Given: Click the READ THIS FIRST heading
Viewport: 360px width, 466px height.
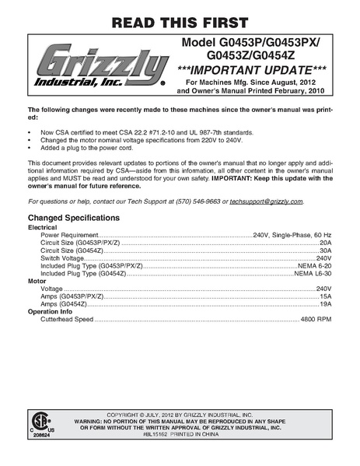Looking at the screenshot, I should (180, 20).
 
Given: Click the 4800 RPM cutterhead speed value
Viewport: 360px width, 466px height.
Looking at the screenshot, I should (316, 320).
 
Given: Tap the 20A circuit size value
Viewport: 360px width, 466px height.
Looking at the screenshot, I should (326, 242).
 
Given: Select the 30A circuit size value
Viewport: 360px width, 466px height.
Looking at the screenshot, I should (326, 250).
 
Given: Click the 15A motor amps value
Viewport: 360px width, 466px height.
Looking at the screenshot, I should (326, 296).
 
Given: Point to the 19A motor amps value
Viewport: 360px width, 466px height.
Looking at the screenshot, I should (326, 304).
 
